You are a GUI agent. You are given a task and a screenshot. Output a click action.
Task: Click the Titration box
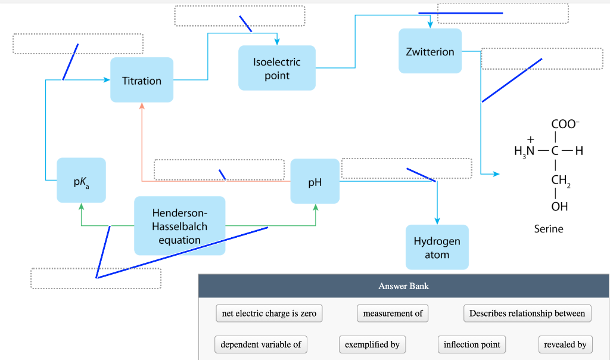[142, 80]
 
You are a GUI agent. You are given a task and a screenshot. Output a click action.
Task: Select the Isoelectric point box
[276, 69]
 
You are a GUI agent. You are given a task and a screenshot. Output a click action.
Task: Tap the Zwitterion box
[430, 52]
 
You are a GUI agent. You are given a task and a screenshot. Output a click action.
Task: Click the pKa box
[82, 181]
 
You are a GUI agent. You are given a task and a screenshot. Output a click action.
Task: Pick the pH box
[315, 182]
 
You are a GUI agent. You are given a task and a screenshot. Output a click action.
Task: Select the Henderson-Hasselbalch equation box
[179, 226]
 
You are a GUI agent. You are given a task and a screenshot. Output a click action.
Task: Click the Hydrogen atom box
[437, 247]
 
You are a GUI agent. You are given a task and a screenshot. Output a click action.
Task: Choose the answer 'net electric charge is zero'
[269, 314]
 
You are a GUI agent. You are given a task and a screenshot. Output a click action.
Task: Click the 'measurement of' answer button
[393, 314]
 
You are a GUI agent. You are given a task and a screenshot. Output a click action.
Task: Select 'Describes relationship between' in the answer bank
[527, 314]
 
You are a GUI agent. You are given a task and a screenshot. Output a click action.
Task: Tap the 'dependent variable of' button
[261, 345]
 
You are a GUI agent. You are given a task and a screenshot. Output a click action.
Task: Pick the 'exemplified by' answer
[372, 345]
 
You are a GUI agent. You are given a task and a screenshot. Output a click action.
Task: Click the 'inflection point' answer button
[472, 345]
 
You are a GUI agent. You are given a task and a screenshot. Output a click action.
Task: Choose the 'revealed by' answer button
[565, 345]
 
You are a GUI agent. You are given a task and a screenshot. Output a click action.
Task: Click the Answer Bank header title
[403, 286]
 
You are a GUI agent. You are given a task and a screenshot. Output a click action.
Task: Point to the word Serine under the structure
[548, 229]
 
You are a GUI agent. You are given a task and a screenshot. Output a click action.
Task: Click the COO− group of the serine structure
[564, 125]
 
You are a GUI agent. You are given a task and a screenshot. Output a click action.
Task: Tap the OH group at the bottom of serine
[559, 207]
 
